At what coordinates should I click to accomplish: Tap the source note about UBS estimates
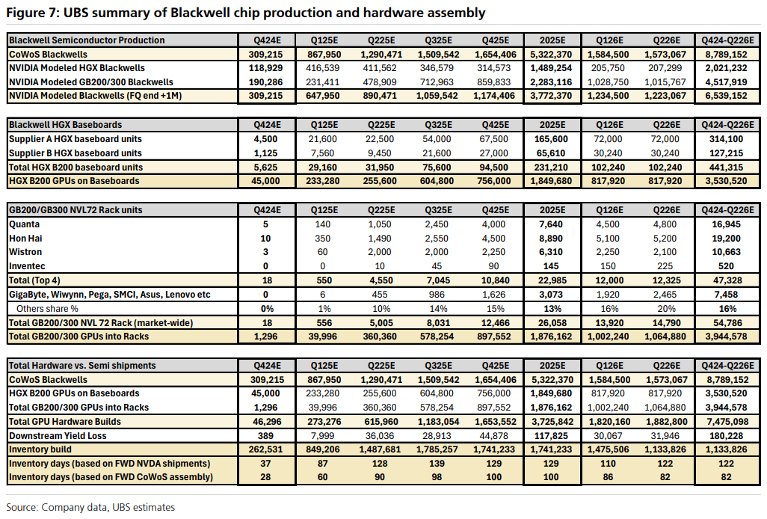(90, 507)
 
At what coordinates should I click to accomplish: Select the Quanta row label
(25, 224)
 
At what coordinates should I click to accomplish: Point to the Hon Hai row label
(27, 238)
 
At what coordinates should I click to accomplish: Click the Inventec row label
(28, 265)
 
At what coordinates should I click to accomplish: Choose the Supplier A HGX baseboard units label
(75, 139)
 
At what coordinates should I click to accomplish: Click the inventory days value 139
(439, 464)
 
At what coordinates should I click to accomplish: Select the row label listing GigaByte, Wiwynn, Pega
(109, 294)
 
